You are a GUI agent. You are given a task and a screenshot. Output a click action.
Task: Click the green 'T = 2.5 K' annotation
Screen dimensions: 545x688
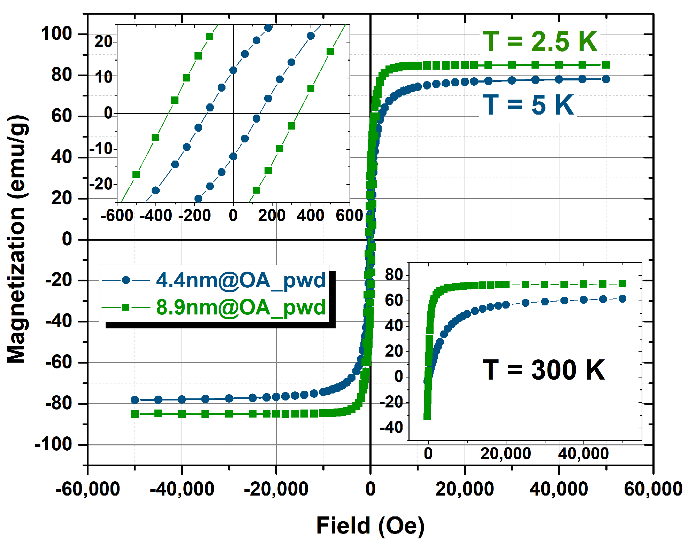(x=540, y=42)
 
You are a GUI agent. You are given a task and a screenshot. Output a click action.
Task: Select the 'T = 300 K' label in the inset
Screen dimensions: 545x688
(x=544, y=370)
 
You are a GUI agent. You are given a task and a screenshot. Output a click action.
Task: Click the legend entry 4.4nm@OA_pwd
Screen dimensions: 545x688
(x=240, y=280)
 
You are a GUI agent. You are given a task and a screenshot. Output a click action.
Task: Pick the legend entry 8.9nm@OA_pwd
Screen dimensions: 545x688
(x=240, y=307)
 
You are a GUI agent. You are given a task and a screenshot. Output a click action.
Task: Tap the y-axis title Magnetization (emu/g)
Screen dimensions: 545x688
(x=17, y=239)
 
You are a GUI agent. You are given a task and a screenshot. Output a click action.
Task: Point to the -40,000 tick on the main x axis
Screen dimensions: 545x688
(x=182, y=489)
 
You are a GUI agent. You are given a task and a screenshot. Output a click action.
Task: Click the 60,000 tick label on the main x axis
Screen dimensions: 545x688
(x=653, y=489)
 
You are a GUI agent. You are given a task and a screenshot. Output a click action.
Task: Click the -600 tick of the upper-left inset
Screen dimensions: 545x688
(x=117, y=215)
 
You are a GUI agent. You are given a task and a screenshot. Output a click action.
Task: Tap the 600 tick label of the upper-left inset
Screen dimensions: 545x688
(x=349, y=215)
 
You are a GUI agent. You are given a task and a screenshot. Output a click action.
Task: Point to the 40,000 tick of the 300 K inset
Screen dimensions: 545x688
(x=583, y=453)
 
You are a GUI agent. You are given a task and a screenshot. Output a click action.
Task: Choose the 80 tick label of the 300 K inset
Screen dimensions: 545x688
(x=394, y=275)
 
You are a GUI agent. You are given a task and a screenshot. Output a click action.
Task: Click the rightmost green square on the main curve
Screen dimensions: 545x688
(x=606, y=65)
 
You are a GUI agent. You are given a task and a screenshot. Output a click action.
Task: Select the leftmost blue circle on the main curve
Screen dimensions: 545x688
(x=135, y=400)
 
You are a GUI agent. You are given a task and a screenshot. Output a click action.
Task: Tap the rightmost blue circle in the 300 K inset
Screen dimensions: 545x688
(x=622, y=298)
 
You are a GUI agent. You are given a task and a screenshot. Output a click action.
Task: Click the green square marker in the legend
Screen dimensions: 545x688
(x=126, y=307)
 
